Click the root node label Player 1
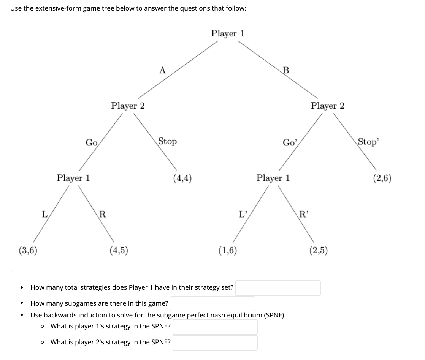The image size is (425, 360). pyautogui.click(x=228, y=33)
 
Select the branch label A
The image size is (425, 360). pyautogui.click(x=162, y=70)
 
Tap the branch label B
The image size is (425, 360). pyautogui.click(x=286, y=70)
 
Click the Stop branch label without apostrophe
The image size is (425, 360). pyautogui.click(x=167, y=141)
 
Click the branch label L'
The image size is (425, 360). pyautogui.click(x=243, y=214)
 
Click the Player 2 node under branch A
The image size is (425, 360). pyautogui.click(x=128, y=106)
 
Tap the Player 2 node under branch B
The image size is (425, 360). pyautogui.click(x=327, y=106)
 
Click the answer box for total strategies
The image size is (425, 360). pyautogui.click(x=278, y=288)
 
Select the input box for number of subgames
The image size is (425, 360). pyautogui.click(x=215, y=303)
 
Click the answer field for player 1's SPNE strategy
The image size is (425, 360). pyautogui.click(x=215, y=327)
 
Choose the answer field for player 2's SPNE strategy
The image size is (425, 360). pyautogui.click(x=215, y=343)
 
